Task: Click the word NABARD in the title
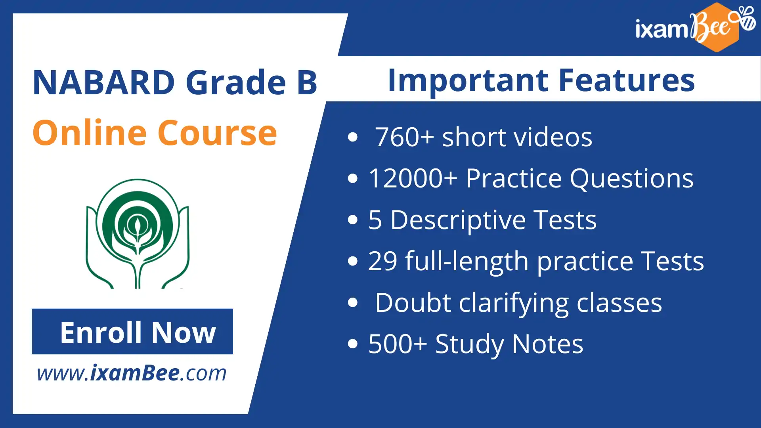tap(104, 82)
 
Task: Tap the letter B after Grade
tap(307, 82)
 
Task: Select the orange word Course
tap(217, 133)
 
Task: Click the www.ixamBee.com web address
tap(132, 373)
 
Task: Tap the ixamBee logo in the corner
tap(696, 27)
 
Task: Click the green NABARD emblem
tap(138, 233)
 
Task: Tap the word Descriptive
tap(458, 220)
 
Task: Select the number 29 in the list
tap(382, 261)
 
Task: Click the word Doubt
tap(413, 303)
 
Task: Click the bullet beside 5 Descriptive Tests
tap(352, 220)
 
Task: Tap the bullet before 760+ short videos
tap(352, 137)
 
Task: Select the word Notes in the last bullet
tap(547, 344)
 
